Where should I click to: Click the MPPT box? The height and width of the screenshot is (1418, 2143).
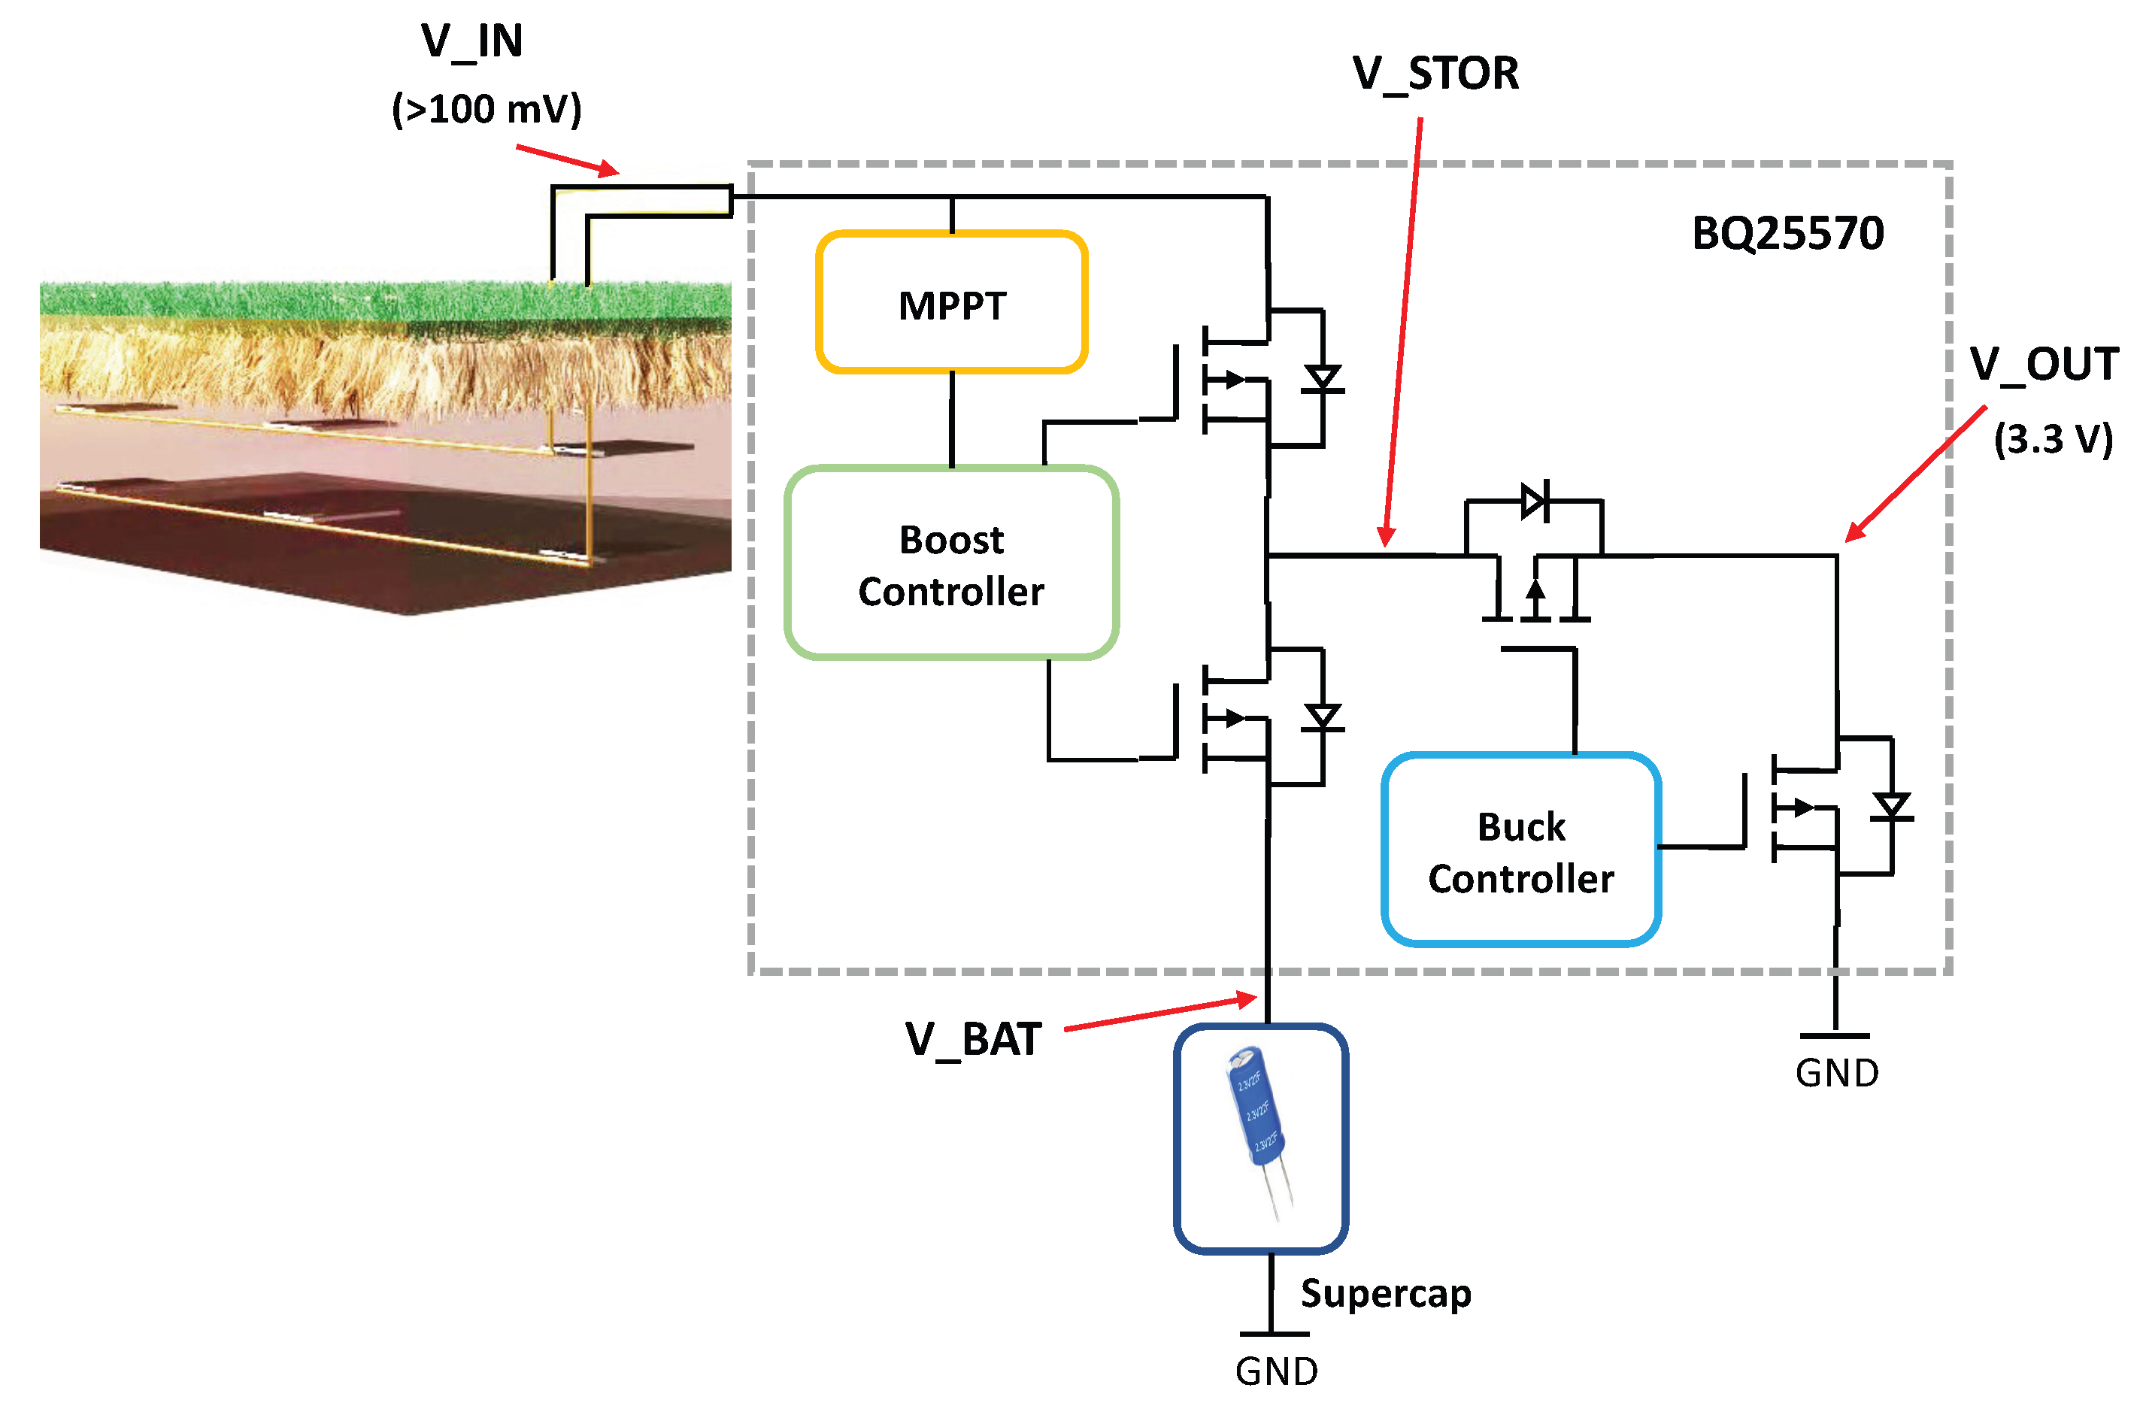pyautogui.click(x=950, y=302)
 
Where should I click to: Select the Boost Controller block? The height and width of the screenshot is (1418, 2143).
pyautogui.click(x=950, y=562)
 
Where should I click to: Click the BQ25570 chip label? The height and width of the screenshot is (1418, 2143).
pyautogui.click(x=1787, y=233)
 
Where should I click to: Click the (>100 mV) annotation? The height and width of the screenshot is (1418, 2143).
pyautogui.click(x=486, y=110)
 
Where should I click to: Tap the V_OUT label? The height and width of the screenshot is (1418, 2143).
pyautogui.click(x=2044, y=365)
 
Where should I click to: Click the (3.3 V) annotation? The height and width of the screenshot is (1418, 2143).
pyautogui.click(x=2053, y=440)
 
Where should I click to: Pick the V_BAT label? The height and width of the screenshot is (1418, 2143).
pyautogui.click(x=973, y=1040)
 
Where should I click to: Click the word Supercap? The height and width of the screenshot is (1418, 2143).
pyautogui.click(x=1385, y=1294)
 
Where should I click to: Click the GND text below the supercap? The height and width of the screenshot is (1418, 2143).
pyautogui.click(x=1276, y=1371)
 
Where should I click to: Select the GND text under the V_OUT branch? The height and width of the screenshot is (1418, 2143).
pyautogui.click(x=1836, y=1073)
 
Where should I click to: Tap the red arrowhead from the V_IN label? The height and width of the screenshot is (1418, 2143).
pyautogui.click(x=619, y=172)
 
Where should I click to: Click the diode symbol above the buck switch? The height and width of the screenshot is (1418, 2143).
pyautogui.click(x=1535, y=500)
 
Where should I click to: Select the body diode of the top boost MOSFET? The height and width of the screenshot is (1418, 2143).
pyautogui.click(x=1322, y=379)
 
